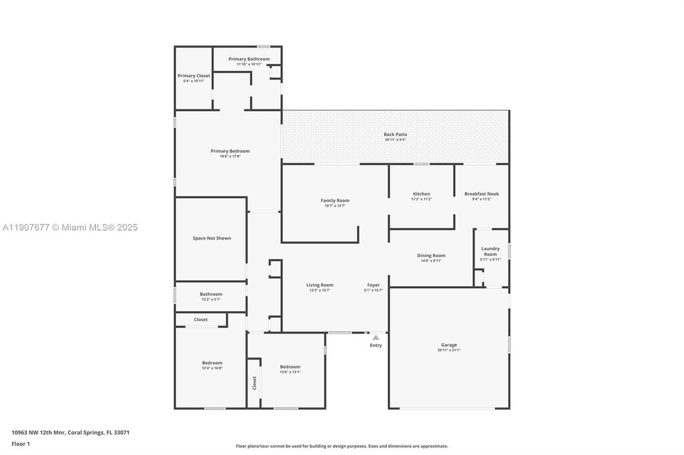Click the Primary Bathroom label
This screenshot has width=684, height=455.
pos(249,59)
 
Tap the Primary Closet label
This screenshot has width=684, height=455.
pos(194,76)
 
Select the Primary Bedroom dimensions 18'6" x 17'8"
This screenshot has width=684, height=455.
pos(230,156)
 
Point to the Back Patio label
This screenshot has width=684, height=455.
pos(395,135)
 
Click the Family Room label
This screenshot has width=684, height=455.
pos(335,200)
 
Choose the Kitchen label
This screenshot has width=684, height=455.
pos(421,194)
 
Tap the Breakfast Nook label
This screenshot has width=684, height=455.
pos(482,194)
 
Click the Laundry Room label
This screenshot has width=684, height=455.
pos(490,252)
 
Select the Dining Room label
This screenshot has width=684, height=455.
pos(431,255)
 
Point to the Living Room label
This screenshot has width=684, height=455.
pos(320,285)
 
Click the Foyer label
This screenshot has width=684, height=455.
pos(373,285)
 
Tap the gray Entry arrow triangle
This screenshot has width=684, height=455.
pos(376,337)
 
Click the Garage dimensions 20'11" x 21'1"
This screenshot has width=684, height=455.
pos(449,350)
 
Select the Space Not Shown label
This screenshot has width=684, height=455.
pos(212,238)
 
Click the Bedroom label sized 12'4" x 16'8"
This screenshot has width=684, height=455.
pos(212,363)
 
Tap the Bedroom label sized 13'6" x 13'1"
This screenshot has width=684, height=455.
pos(290,367)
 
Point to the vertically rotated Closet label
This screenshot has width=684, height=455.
pos(254,383)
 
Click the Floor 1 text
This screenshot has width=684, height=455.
pos(21,444)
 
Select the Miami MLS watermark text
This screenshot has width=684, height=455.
pos(70,227)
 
